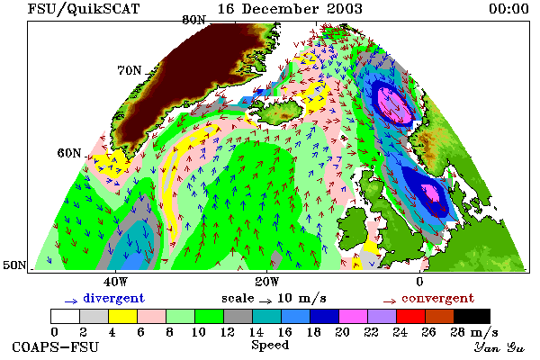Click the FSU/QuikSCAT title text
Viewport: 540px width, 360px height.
tap(84, 9)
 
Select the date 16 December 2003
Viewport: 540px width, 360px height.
tap(290, 9)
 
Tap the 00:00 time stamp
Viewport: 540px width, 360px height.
tap(509, 9)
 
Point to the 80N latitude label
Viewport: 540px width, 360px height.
tap(193, 20)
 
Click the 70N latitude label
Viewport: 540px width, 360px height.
tap(130, 70)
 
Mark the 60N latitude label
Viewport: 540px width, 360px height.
tap(69, 153)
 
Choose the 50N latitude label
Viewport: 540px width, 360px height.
tap(14, 265)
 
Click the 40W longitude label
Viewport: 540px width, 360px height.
tap(115, 282)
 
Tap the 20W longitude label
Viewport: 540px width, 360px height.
tap(267, 282)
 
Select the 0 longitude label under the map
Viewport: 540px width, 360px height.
tap(419, 282)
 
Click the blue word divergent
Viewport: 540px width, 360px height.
tap(113, 298)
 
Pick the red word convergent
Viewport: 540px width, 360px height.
tap(437, 298)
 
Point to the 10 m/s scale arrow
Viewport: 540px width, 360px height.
tap(265, 301)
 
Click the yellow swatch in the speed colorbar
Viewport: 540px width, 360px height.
tap(123, 316)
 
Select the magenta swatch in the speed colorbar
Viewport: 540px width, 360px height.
tap(354, 316)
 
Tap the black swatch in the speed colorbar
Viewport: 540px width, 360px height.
tap(472, 316)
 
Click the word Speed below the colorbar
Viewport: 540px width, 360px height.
tap(270, 346)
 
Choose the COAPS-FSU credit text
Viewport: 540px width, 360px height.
tap(56, 346)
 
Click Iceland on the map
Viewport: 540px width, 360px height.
tap(280, 110)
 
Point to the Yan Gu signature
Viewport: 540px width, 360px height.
tap(499, 347)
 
